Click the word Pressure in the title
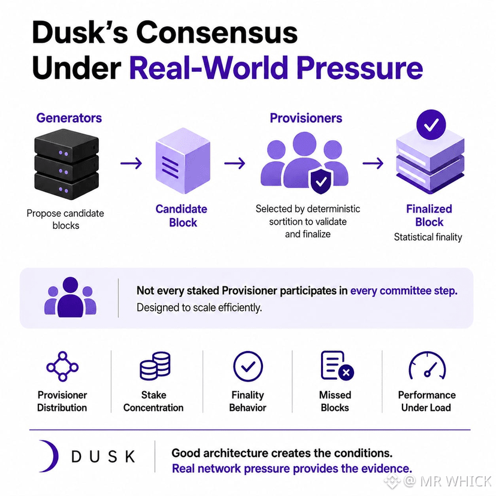coord(359,68)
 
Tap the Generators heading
coord(69,118)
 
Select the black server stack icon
coord(66,164)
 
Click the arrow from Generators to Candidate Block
coord(131,163)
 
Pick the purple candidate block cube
coord(183,161)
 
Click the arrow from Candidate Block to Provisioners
coord(235,163)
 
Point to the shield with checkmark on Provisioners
coord(321,181)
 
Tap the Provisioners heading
coord(306,118)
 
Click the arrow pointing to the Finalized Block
coord(373,163)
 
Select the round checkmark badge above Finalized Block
coord(431,125)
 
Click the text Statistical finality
coord(428,237)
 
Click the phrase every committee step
coord(404,291)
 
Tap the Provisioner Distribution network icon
coord(62,366)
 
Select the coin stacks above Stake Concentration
coord(155,365)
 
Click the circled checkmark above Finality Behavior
coord(248,366)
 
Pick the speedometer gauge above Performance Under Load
coord(427,365)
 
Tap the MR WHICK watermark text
coord(455,481)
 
